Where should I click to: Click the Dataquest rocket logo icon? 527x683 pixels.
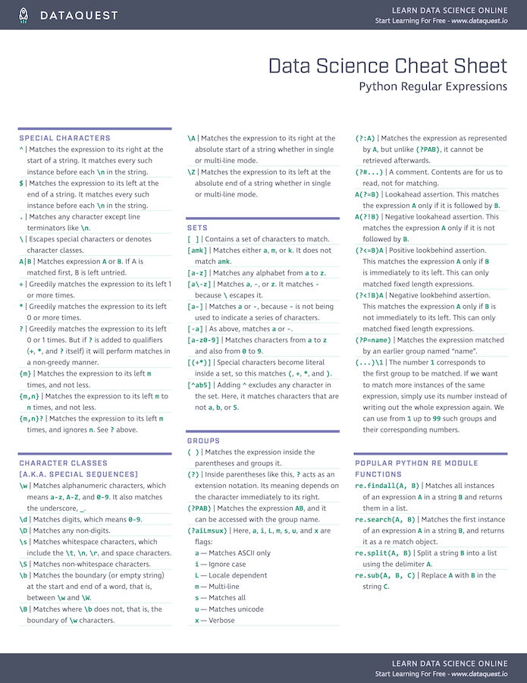pyautogui.click(x=24, y=15)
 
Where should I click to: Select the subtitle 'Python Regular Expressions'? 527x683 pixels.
pyautogui.click(x=433, y=87)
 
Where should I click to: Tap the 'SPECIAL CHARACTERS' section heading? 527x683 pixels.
pyautogui.click(x=64, y=138)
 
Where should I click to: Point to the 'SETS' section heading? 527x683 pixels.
pyautogui.click(x=197, y=228)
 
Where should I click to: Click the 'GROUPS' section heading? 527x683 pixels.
pyautogui.click(x=203, y=440)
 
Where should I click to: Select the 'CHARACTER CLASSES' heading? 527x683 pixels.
pyautogui.click(x=64, y=463)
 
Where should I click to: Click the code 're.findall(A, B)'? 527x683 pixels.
pyautogui.click(x=385, y=486)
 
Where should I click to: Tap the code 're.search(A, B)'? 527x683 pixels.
pyautogui.click(x=385, y=519)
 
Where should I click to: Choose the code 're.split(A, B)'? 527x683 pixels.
pyautogui.click(x=382, y=553)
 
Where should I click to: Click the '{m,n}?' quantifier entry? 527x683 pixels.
pyautogui.click(x=33, y=418)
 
